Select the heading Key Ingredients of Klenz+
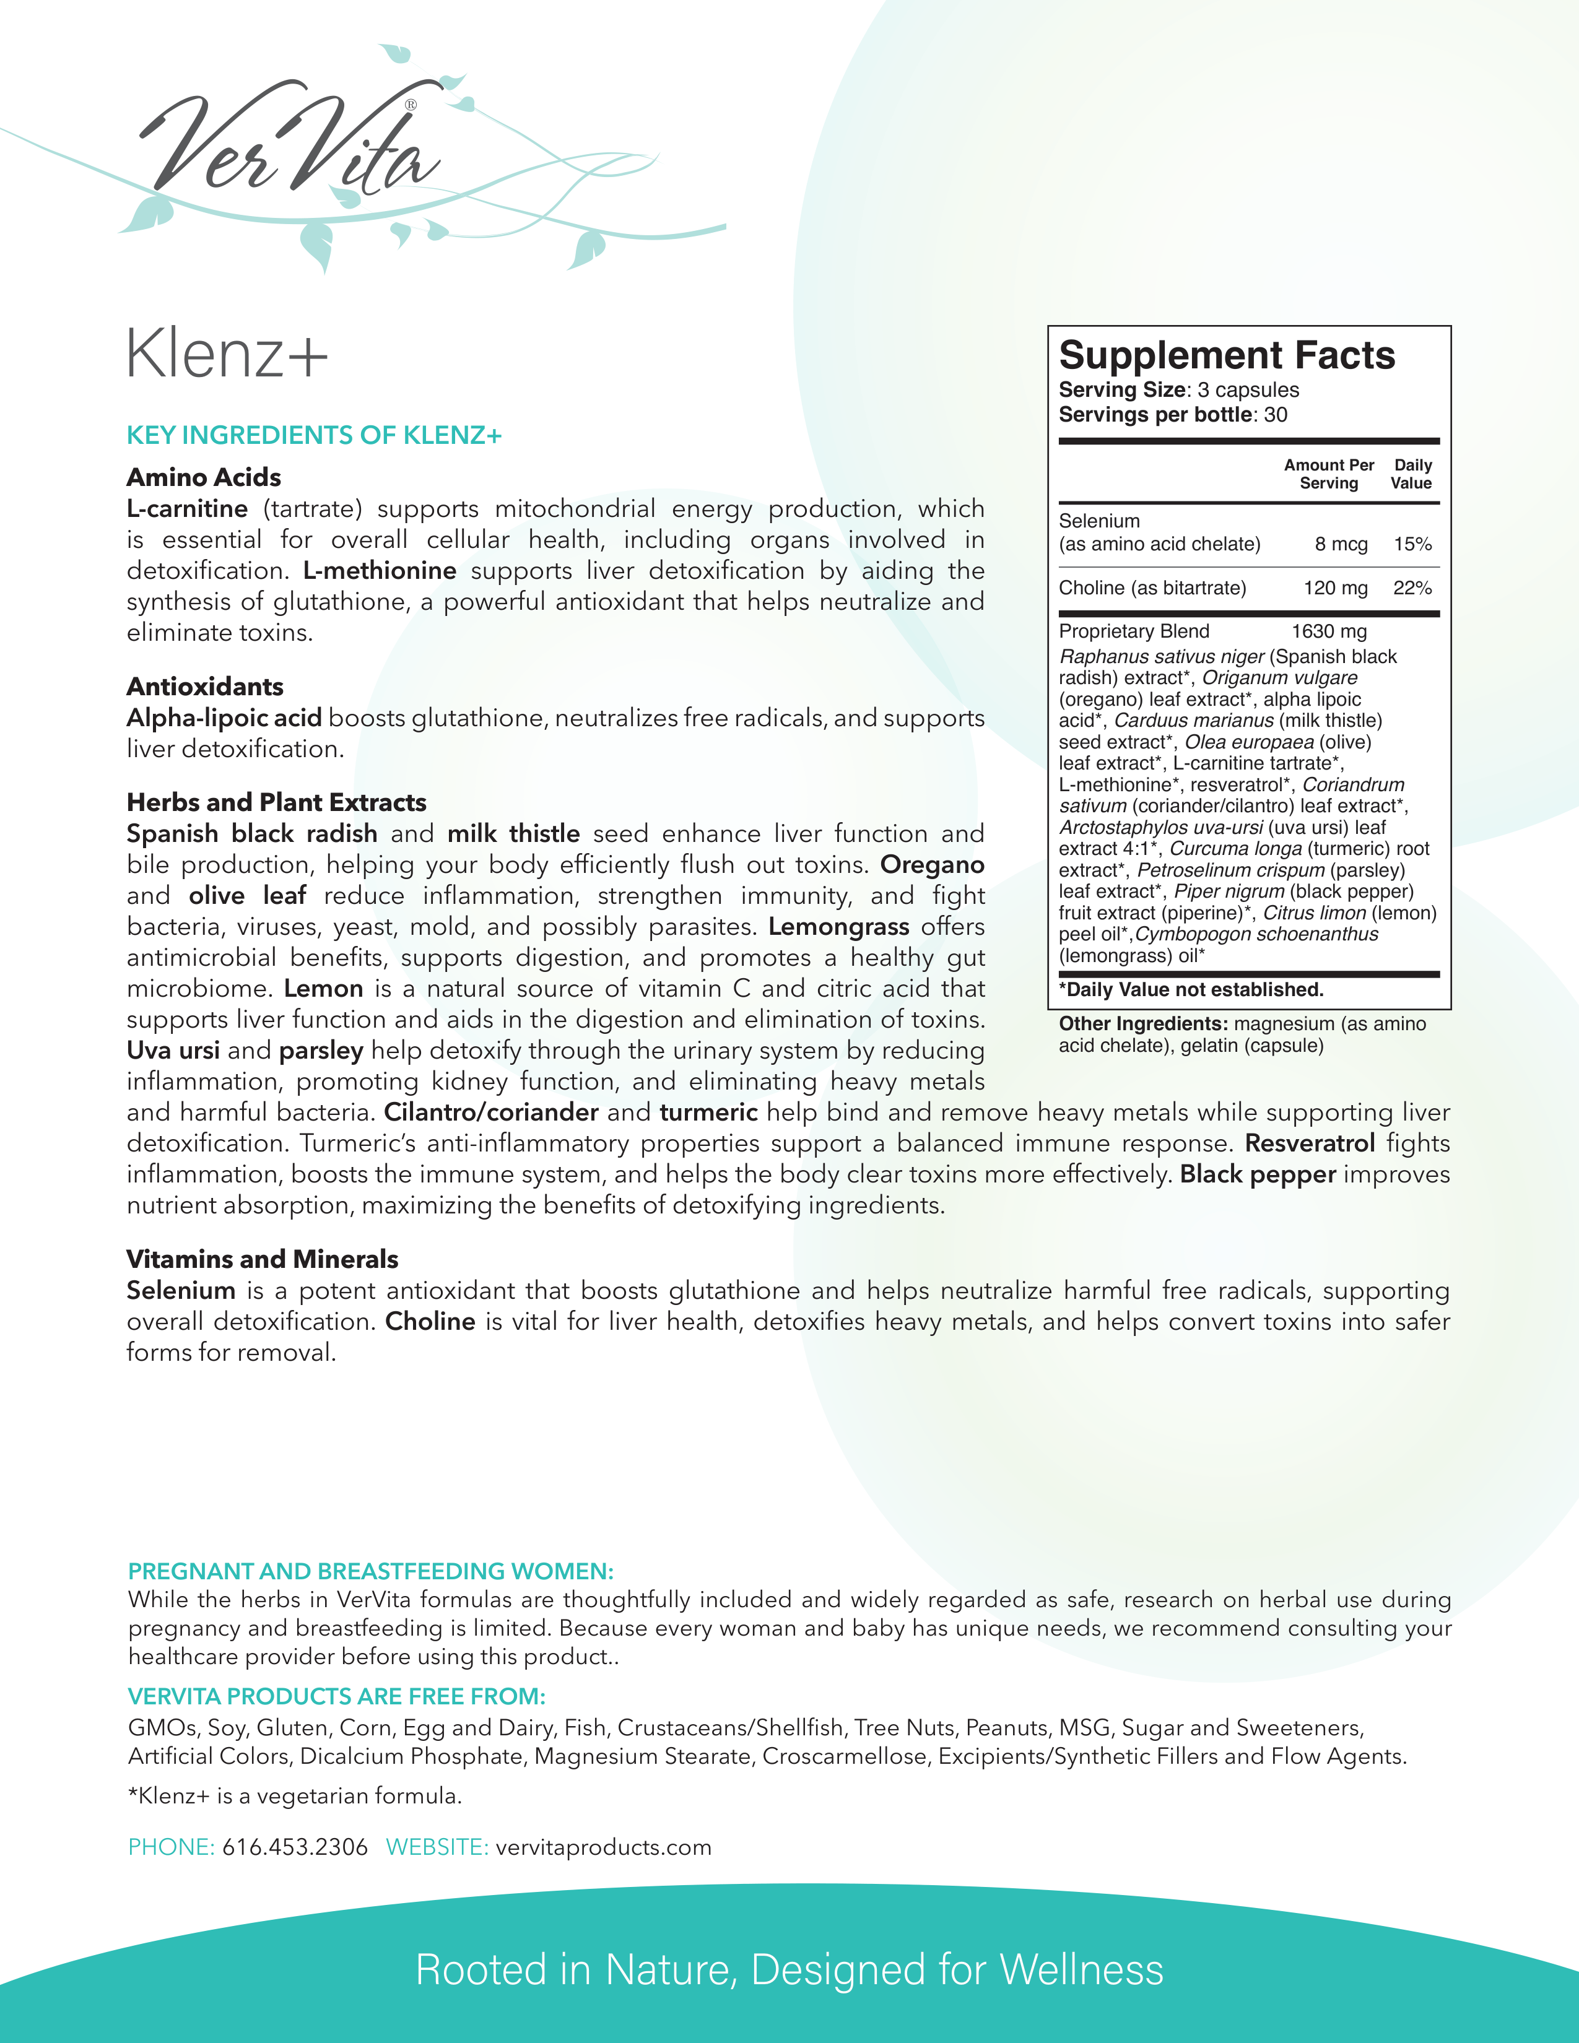click(315, 435)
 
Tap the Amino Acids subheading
click(204, 477)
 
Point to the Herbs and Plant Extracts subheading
click(277, 802)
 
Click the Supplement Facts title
click(1226, 355)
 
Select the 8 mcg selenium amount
click(1341, 544)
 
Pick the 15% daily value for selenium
click(1412, 544)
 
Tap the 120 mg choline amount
click(1335, 588)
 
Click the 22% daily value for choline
click(1412, 588)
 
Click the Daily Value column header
click(1412, 474)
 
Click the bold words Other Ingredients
click(1142, 1025)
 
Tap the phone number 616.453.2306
click(295, 1847)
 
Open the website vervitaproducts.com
click(603, 1847)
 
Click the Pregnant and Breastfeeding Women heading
click(370, 1571)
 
